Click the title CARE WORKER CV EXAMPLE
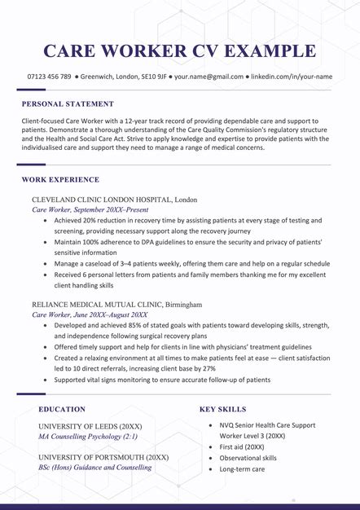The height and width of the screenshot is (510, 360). [179, 51]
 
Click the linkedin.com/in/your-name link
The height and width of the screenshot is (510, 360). [292, 77]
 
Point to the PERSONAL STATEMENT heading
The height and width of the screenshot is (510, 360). [68, 104]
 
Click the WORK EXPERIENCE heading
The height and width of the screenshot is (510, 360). [60, 179]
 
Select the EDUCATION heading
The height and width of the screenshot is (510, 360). [61, 409]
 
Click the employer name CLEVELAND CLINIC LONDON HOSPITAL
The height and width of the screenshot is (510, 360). [101, 199]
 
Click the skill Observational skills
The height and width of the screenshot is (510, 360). [248, 458]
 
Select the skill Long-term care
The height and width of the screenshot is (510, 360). [241, 469]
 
